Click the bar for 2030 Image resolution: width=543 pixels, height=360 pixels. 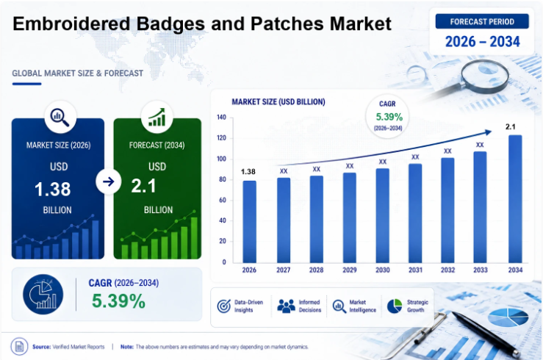click(382, 216)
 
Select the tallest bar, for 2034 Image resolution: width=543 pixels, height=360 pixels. click(515, 199)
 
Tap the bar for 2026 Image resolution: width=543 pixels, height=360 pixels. click(249, 222)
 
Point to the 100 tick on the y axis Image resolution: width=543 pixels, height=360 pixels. click(221, 159)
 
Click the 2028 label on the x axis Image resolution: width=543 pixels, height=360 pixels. click(316, 270)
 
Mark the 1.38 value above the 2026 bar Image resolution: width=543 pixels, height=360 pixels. click(248, 172)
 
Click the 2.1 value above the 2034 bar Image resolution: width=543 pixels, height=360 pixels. click(510, 126)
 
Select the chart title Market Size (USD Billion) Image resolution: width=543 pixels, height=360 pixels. click(278, 102)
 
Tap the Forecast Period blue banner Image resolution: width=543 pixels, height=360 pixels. click(482, 21)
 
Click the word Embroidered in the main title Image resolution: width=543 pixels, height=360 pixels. click(71, 24)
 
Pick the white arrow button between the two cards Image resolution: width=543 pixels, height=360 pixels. click(109, 181)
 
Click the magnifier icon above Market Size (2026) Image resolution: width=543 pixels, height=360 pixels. click(60, 117)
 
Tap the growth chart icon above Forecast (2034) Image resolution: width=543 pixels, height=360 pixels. click(157, 117)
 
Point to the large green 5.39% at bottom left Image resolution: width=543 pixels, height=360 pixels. click(118, 300)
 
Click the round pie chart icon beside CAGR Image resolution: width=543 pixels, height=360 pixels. click(43, 294)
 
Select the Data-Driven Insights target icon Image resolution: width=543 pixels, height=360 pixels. click(223, 306)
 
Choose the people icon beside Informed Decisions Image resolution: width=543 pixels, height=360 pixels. click(286, 306)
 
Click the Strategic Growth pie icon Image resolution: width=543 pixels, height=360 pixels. click(395, 306)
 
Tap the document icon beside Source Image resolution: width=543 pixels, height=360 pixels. click(19, 346)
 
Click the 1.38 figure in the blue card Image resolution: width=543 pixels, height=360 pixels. click(53, 189)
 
